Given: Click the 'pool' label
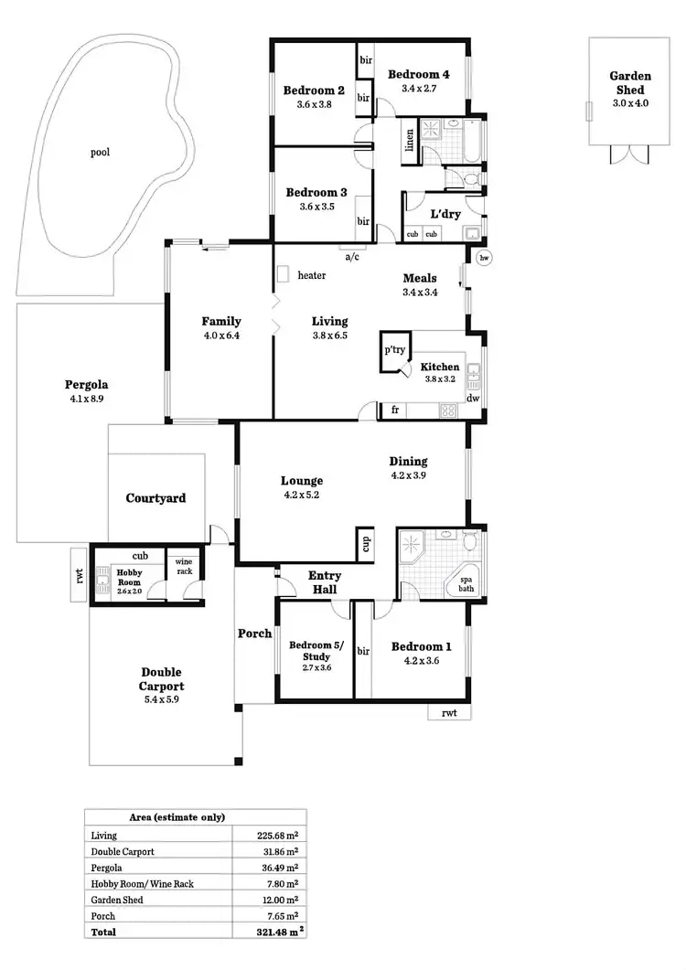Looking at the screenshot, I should pyautogui.click(x=100, y=153).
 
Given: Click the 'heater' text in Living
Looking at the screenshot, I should pyautogui.click(x=311, y=275).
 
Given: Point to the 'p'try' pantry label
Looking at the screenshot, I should pyautogui.click(x=395, y=349).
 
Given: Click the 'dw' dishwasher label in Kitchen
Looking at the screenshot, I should pyautogui.click(x=473, y=399).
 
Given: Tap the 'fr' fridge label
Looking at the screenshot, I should pyautogui.click(x=395, y=410).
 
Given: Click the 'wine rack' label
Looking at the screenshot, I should pyautogui.click(x=184, y=566).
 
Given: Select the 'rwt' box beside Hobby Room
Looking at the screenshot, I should pyautogui.click(x=80, y=575).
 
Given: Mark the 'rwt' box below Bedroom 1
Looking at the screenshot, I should pyautogui.click(x=449, y=713).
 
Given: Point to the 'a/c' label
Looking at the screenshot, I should pyautogui.click(x=352, y=257).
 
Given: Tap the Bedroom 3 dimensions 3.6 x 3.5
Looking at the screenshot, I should pyautogui.click(x=316, y=207).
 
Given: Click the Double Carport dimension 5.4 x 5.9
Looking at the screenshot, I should pyautogui.click(x=161, y=700).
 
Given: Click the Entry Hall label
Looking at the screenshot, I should pyautogui.click(x=325, y=582).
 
